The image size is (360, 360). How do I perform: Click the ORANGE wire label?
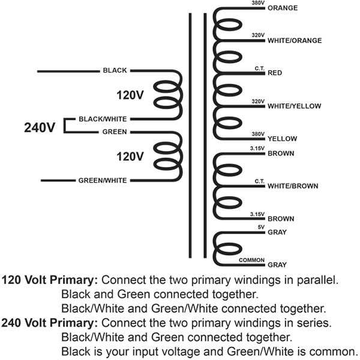pyautogui.click(x=283, y=8)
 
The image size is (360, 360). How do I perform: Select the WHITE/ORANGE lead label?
pyautogui.click(x=295, y=41)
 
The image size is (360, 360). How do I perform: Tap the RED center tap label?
pyautogui.click(x=275, y=73)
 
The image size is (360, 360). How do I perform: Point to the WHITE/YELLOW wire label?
pyautogui.click(x=294, y=106)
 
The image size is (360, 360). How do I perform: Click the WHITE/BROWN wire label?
pyautogui.click(x=293, y=186)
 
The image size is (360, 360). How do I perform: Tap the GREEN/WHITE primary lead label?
pyautogui.click(x=103, y=181)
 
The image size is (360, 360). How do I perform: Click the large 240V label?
pyautogui.click(x=40, y=128)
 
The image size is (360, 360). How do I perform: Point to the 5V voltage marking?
pyautogui.click(x=260, y=227)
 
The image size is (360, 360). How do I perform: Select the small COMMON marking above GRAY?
pyautogui.click(x=252, y=260)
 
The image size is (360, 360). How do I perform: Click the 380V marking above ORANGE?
pyautogui.click(x=257, y=3)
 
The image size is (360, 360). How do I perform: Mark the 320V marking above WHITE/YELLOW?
pyautogui.click(x=257, y=101)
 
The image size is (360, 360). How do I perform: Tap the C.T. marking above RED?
pyautogui.click(x=259, y=68)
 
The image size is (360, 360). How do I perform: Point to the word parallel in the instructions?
pyautogui.click(x=315, y=280)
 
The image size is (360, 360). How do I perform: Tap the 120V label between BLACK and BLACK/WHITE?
pyautogui.click(x=130, y=95)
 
